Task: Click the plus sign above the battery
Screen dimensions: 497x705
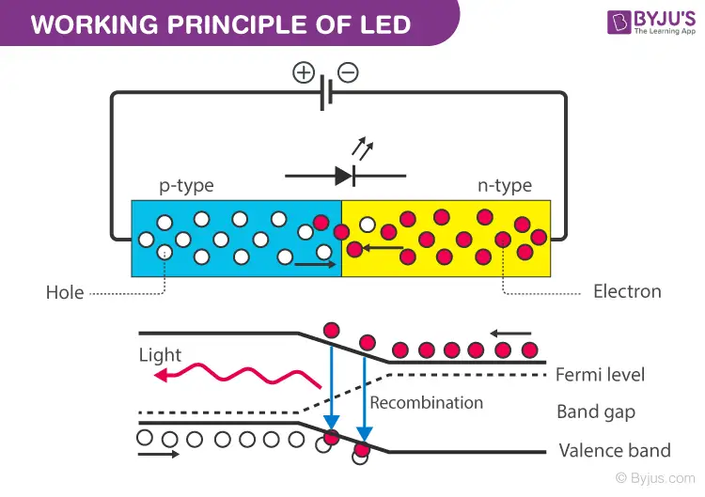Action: [304, 72]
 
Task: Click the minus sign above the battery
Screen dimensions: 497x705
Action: [348, 72]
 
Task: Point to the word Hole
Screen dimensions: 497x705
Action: [65, 292]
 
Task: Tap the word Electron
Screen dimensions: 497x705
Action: [627, 291]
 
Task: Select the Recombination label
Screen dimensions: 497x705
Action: [426, 402]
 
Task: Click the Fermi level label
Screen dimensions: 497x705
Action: [600, 374]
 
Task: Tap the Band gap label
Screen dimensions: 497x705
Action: [596, 412]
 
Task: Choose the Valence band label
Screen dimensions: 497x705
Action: [615, 450]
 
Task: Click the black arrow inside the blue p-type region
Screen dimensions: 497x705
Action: [312, 265]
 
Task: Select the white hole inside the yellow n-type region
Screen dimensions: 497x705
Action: [367, 227]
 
